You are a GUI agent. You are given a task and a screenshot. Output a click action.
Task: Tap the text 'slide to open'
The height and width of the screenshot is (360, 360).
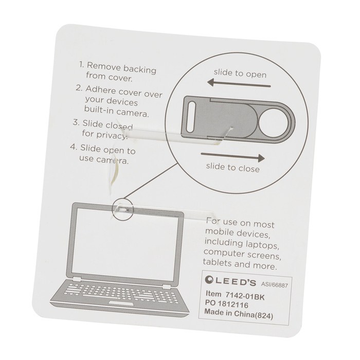coord(240,74)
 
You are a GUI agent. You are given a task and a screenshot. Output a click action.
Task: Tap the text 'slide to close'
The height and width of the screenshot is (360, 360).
coord(232,168)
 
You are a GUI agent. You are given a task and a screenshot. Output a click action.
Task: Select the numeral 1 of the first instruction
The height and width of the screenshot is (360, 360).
coord(81,66)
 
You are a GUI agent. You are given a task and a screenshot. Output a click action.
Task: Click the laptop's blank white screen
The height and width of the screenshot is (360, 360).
coord(126,244)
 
